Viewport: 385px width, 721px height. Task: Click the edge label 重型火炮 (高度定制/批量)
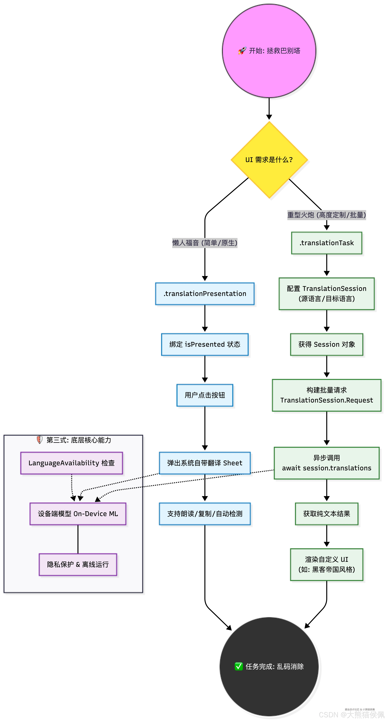(327, 215)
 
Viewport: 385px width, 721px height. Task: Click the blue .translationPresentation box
(205, 294)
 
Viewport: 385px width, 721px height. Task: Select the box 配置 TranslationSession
(327, 294)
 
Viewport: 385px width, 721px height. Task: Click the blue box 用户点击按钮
(205, 395)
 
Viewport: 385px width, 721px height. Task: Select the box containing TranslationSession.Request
(327, 395)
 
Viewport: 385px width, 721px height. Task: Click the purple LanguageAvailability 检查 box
(72, 463)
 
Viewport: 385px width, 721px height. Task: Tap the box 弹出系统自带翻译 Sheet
(205, 463)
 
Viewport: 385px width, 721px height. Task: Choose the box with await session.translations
(327, 463)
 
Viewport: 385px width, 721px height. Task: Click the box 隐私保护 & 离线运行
(78, 565)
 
